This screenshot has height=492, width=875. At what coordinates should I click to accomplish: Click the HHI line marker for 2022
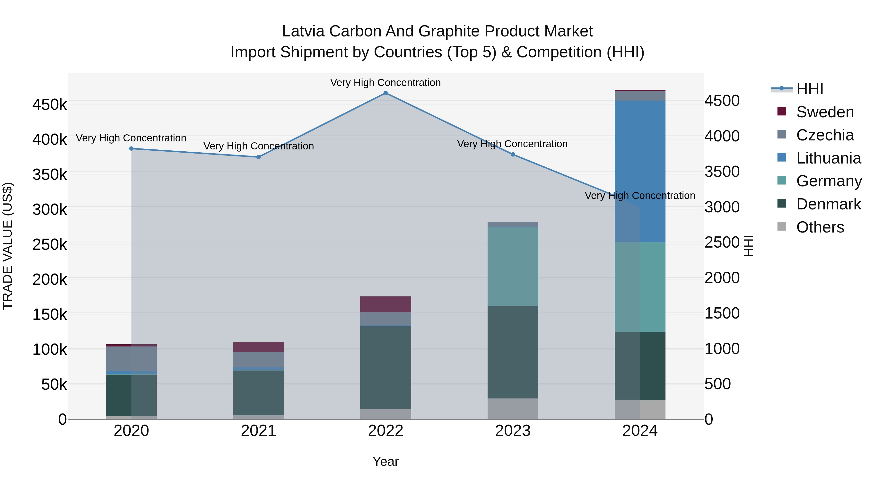[385, 93]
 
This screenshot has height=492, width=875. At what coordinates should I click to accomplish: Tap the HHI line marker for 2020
[131, 148]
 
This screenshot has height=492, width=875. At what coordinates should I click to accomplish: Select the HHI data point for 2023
[513, 155]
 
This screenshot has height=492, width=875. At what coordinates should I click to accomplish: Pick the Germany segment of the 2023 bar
[513, 267]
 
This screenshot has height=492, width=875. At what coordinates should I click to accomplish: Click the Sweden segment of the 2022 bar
[385, 304]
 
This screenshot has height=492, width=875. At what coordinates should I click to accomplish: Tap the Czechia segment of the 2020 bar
[131, 359]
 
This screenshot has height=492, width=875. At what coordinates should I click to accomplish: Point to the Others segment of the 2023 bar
[513, 409]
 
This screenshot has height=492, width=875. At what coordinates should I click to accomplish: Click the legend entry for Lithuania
[828, 158]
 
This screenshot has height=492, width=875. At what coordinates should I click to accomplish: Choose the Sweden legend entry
[825, 112]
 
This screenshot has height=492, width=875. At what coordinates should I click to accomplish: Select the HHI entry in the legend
[809, 89]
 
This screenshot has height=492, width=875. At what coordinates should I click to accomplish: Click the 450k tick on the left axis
[50, 104]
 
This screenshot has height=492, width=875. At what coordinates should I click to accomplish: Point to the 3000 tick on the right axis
[722, 207]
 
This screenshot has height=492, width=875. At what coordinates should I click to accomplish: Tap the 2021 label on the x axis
[259, 431]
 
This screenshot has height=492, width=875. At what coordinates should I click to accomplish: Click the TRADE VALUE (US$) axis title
[8, 246]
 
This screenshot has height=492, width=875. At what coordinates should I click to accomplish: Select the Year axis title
[385, 461]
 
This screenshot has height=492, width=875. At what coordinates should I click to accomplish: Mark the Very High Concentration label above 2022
[385, 83]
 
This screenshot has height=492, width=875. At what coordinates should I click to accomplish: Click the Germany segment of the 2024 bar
[640, 287]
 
